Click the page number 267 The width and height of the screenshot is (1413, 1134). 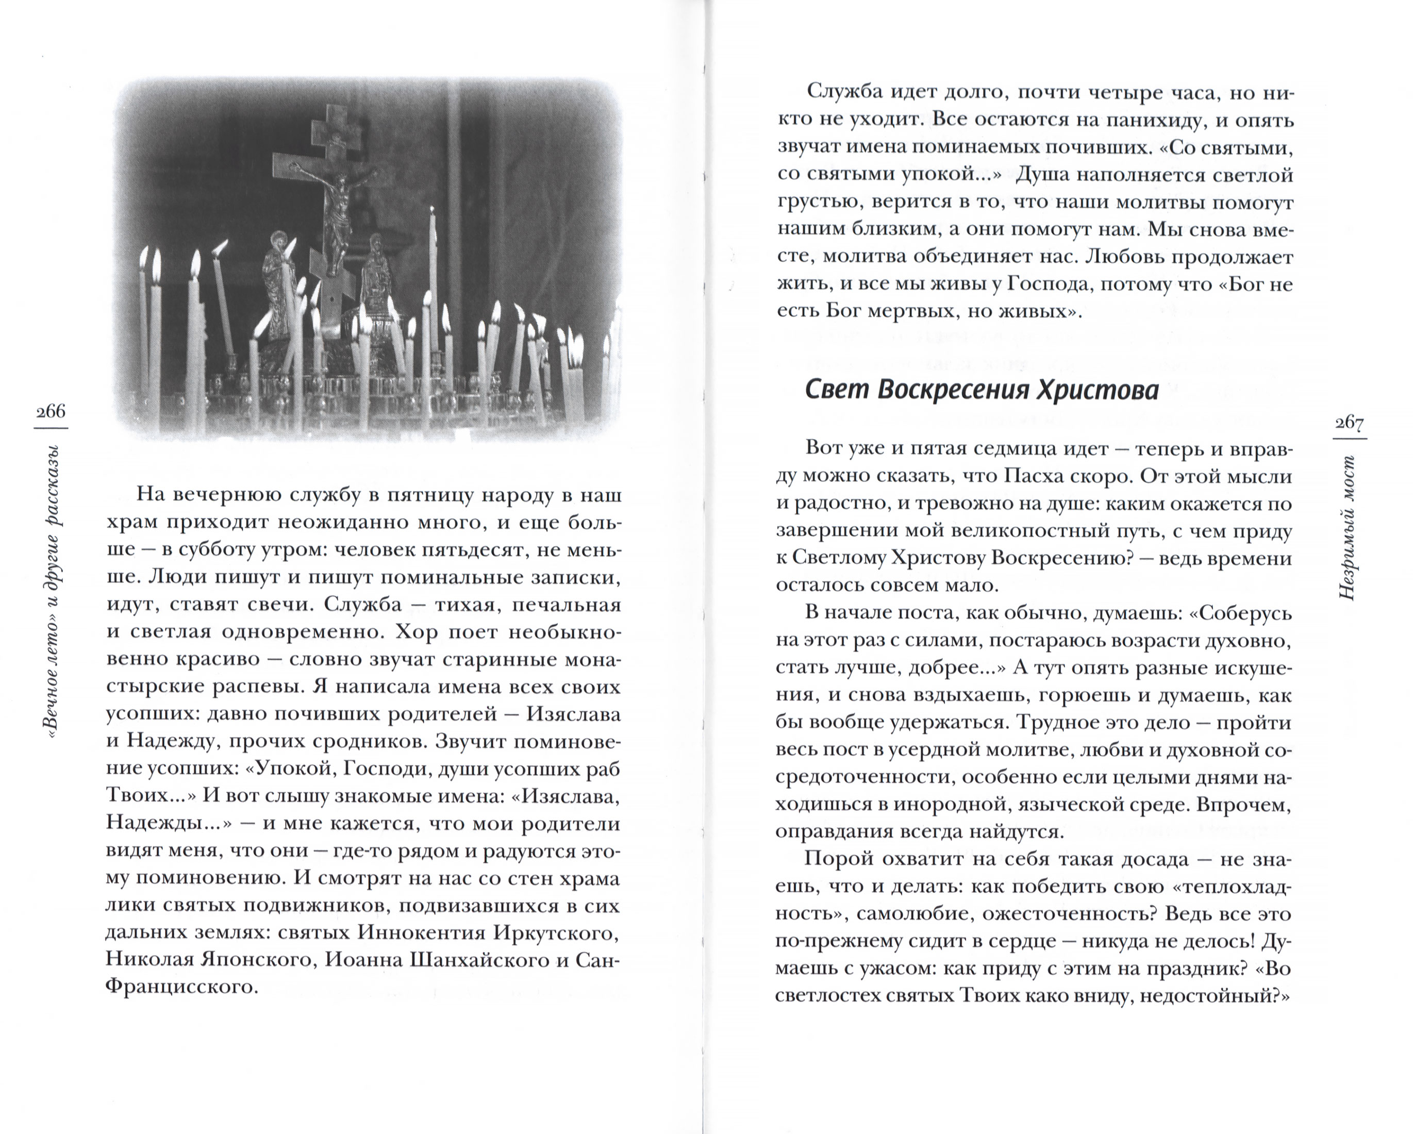pyautogui.click(x=1350, y=424)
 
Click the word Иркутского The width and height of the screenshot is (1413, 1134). pyautogui.click(x=555, y=933)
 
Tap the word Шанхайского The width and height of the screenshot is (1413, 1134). pyautogui.click(x=471, y=960)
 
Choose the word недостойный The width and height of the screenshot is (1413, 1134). pyautogui.click(x=1210, y=996)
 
